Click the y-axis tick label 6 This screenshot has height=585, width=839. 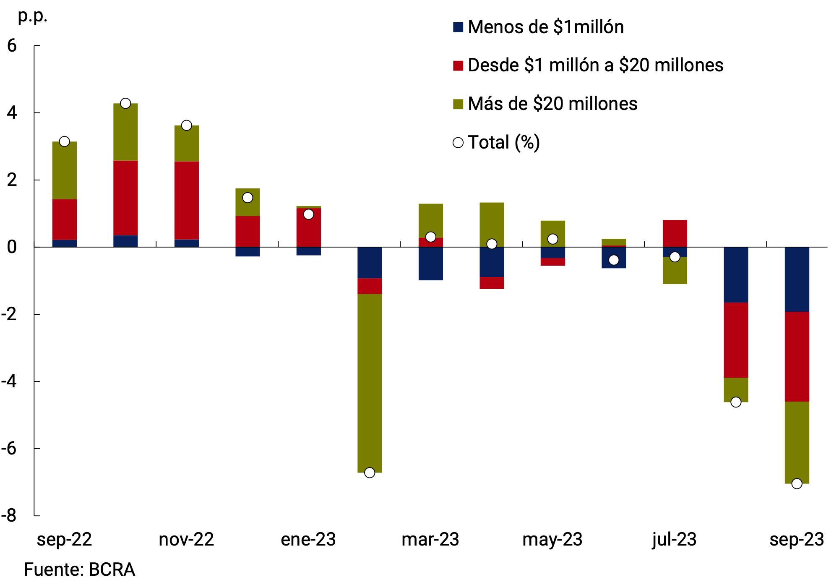click(12, 46)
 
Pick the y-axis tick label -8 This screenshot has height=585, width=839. click(9, 516)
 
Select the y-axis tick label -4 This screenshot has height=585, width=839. click(9, 381)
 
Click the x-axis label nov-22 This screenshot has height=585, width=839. click(186, 540)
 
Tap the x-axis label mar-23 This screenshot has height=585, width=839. click(430, 540)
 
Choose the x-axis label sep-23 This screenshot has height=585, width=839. click(797, 540)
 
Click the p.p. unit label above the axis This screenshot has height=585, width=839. click(33, 16)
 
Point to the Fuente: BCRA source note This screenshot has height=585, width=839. click(79, 570)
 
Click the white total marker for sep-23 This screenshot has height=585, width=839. click(797, 483)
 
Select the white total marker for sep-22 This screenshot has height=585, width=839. click(64, 141)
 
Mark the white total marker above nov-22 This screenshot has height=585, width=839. click(187, 125)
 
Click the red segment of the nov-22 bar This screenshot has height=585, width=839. click(187, 200)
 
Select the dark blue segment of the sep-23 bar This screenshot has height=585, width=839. click(797, 279)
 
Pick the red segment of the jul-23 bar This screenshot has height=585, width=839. click(675, 233)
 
